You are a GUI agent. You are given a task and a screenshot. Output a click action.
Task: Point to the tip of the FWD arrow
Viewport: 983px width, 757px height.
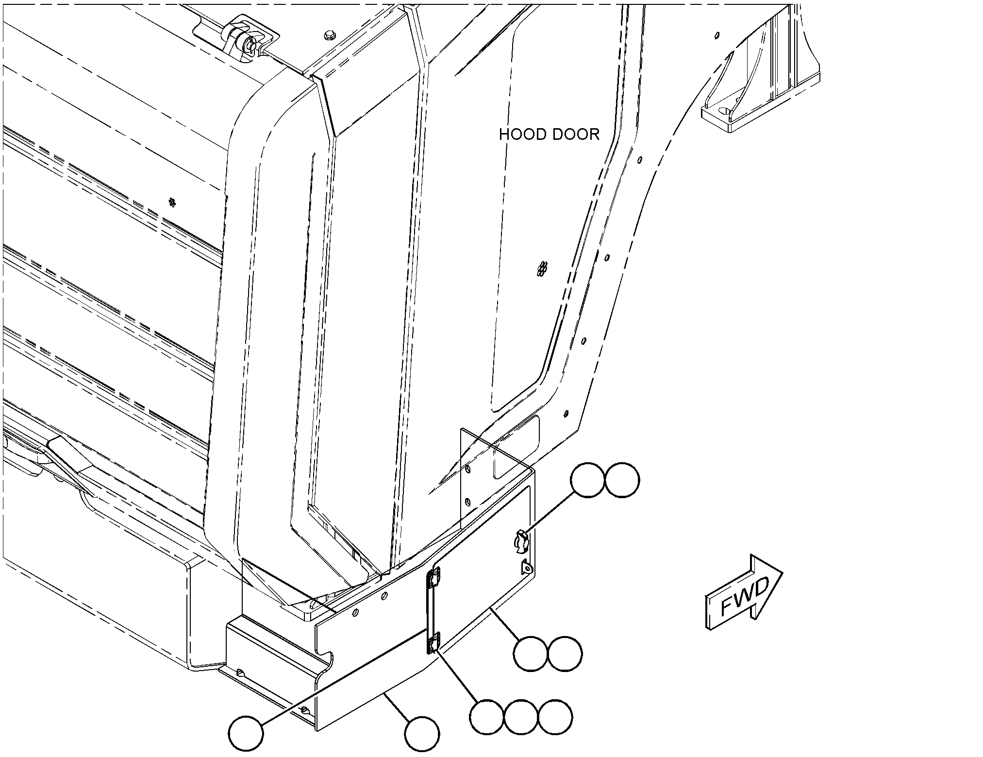(x=782, y=572)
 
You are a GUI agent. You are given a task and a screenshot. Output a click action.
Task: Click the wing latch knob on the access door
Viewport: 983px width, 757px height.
(x=520, y=541)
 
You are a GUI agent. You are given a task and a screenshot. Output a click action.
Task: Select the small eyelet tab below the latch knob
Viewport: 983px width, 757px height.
(x=527, y=567)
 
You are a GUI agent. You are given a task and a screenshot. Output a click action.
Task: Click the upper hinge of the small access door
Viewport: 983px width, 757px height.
(x=433, y=578)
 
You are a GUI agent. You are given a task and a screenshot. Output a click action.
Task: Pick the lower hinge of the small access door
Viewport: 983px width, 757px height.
(x=433, y=643)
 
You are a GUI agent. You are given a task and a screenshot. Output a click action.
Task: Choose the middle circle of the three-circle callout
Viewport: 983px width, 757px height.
(x=521, y=717)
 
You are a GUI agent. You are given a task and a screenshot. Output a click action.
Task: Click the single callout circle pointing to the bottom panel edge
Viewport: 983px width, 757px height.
(x=422, y=733)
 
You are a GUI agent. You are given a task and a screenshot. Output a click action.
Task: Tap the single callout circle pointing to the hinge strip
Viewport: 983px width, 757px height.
(x=246, y=733)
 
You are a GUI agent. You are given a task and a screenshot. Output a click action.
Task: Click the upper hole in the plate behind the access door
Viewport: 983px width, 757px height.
(x=467, y=469)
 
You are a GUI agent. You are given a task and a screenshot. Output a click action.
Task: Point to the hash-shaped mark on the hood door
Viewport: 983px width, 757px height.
(x=543, y=269)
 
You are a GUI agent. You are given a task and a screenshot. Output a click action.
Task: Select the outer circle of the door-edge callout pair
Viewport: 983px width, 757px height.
(x=565, y=654)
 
